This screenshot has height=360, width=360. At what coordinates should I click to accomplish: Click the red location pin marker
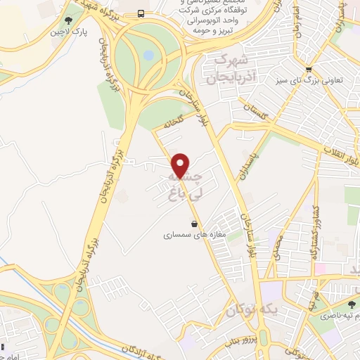(x=181, y=165)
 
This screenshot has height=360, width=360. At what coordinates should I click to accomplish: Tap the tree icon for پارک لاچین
(x=67, y=21)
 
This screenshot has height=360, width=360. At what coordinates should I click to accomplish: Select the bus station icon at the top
(x=141, y=13)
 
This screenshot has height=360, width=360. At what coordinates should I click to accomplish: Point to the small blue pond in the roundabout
(x=148, y=54)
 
